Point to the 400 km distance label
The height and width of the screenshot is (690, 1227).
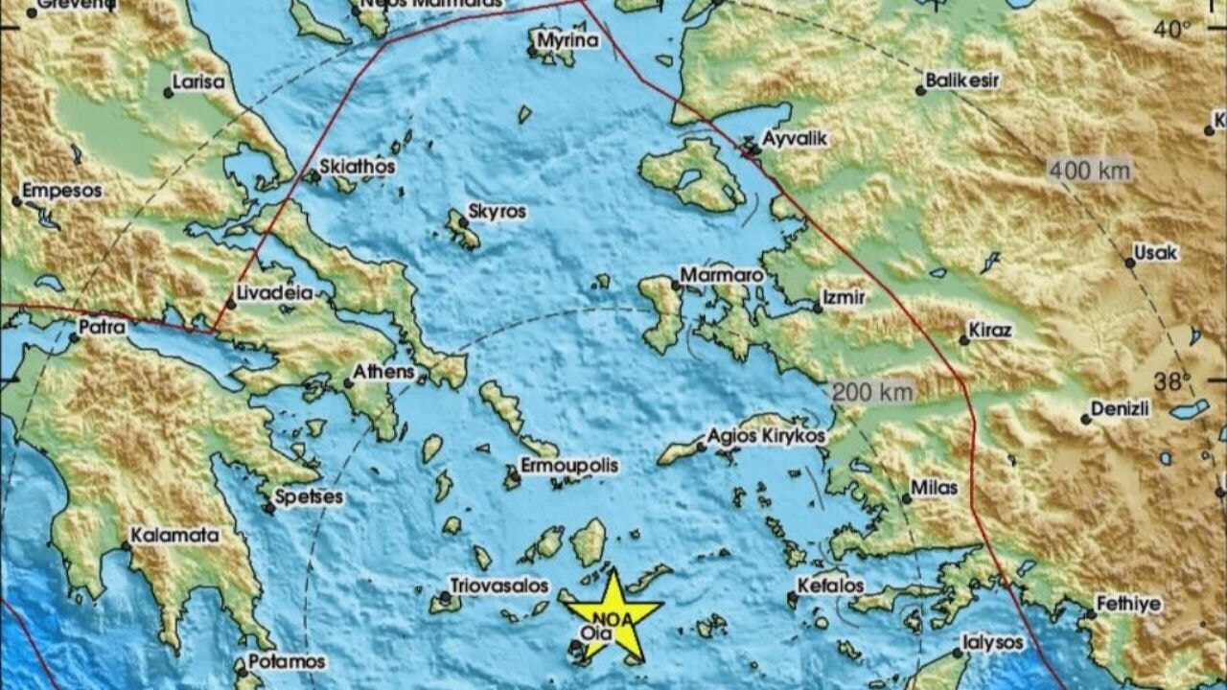pyautogui.click(x=1090, y=172)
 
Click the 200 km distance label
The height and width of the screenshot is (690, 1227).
pyautogui.click(x=872, y=391)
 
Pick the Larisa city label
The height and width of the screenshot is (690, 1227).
pyautogui.click(x=199, y=82)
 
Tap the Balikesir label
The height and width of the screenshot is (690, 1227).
pyautogui.click(x=962, y=80)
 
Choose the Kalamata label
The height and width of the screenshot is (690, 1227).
pyautogui.click(x=174, y=536)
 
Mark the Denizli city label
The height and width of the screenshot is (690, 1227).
pyautogui.click(x=1120, y=409)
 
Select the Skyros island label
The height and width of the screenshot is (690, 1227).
pyautogui.click(x=497, y=212)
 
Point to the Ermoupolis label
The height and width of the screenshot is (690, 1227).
pyautogui.click(x=568, y=466)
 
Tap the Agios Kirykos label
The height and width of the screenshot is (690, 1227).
pyautogui.click(x=766, y=436)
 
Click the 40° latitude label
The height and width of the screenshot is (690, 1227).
pyautogui.click(x=1170, y=30)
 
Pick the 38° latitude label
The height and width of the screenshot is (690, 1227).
pyautogui.click(x=1170, y=381)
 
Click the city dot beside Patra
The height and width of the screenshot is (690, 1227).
pyautogui.click(x=74, y=337)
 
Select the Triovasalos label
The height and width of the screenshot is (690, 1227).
pyautogui.click(x=499, y=586)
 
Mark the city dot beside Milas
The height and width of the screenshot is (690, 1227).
pyautogui.click(x=907, y=498)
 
